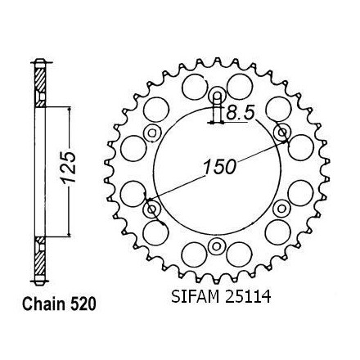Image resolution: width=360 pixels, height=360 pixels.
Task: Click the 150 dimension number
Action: click(x=219, y=167)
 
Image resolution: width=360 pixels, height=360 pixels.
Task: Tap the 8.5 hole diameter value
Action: click(x=241, y=113)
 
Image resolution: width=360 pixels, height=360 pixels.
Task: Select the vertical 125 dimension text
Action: click(x=69, y=167)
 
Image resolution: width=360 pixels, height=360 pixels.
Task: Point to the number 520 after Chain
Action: click(x=83, y=304)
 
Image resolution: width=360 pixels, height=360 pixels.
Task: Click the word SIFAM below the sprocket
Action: click(x=196, y=296)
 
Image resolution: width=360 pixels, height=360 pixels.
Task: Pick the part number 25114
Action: click(x=248, y=296)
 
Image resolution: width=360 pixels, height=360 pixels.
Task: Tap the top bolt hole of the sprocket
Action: click(x=217, y=96)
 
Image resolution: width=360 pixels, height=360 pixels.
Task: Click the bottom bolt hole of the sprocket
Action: click(x=217, y=246)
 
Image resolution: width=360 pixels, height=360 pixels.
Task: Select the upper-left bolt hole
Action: click(x=152, y=133)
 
